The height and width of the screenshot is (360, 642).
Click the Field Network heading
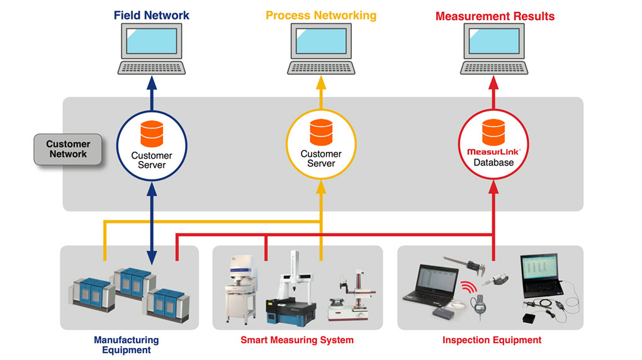click(152, 15)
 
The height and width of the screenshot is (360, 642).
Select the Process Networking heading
click(321, 15)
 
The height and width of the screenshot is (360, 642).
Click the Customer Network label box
click(68, 149)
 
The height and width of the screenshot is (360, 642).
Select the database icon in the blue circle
click(152, 133)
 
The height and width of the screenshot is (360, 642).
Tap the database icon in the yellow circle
click(321, 132)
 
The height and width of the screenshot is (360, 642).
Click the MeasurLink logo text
click(492, 152)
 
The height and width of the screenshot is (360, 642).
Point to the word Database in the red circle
click(493, 162)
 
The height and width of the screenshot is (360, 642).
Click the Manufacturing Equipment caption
click(127, 345)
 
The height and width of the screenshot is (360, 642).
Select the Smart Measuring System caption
click(297, 340)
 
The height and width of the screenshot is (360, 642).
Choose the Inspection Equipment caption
click(492, 340)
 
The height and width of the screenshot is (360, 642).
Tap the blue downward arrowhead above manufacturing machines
click(152, 258)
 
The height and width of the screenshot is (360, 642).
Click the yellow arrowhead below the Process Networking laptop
click(321, 82)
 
